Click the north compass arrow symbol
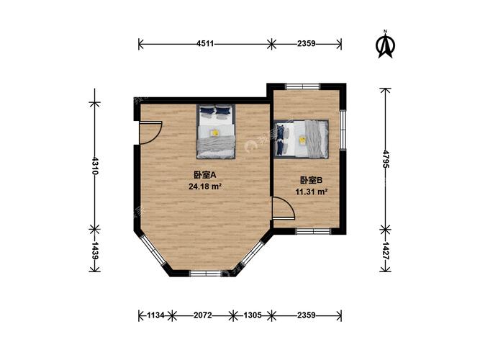pos(386,45)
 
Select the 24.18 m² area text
pos(204,186)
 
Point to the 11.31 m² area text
pos(312,192)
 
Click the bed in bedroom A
pos(216,131)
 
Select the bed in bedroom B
pos(302,138)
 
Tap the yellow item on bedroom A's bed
pos(214,132)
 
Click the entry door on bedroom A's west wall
pos(150,132)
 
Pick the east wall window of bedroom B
pos(344,129)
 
